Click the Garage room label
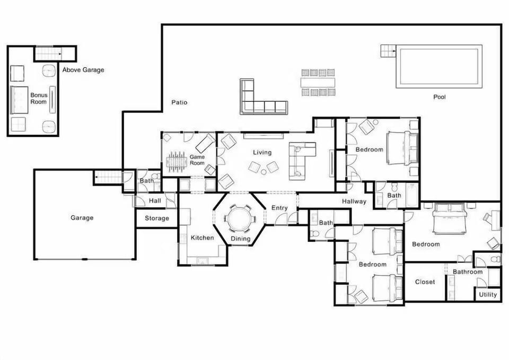point(82,217)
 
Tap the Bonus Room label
point(39,99)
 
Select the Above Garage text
point(83,69)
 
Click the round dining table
point(239,218)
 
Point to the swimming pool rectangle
point(439,66)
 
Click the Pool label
point(440,97)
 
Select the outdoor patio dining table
point(318,82)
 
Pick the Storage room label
point(157,218)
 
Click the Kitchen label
point(202,238)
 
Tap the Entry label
point(279,208)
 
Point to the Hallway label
point(354,201)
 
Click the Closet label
point(425,282)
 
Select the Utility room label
point(488,295)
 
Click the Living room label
point(262,153)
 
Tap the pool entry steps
point(388,51)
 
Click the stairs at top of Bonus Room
point(48,54)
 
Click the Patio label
point(179,102)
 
